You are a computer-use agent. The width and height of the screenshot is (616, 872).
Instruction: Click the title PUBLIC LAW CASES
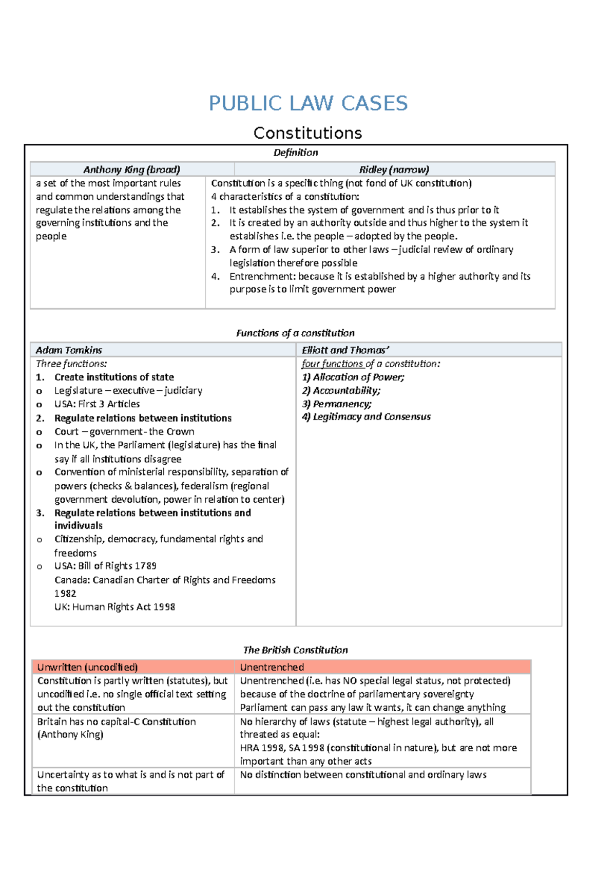point(308,103)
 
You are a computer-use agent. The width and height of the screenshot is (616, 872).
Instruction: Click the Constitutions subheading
point(308,133)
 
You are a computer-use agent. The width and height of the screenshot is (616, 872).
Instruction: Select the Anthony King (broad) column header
point(132,169)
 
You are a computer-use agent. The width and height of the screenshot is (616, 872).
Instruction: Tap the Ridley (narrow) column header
point(394,169)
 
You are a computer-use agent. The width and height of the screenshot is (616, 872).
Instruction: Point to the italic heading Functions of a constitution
point(295,333)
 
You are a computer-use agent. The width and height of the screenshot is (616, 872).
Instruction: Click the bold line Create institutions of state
point(114,377)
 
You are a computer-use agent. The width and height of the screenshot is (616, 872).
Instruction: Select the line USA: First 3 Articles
point(97,404)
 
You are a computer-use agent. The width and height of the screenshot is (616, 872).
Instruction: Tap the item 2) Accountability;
point(341,390)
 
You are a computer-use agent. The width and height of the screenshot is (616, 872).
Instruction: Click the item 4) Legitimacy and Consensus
point(366,416)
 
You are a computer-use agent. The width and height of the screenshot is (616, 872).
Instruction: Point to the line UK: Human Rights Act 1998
point(114,606)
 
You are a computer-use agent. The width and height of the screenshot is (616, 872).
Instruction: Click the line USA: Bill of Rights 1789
point(105,565)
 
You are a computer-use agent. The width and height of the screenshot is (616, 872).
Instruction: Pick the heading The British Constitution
point(295,650)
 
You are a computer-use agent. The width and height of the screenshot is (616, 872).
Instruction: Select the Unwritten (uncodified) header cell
point(87,667)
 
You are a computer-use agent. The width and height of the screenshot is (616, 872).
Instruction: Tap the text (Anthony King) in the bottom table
point(70,734)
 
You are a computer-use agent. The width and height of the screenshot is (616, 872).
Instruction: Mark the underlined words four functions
point(333,364)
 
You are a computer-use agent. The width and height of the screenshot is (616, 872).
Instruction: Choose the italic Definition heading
point(295,153)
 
